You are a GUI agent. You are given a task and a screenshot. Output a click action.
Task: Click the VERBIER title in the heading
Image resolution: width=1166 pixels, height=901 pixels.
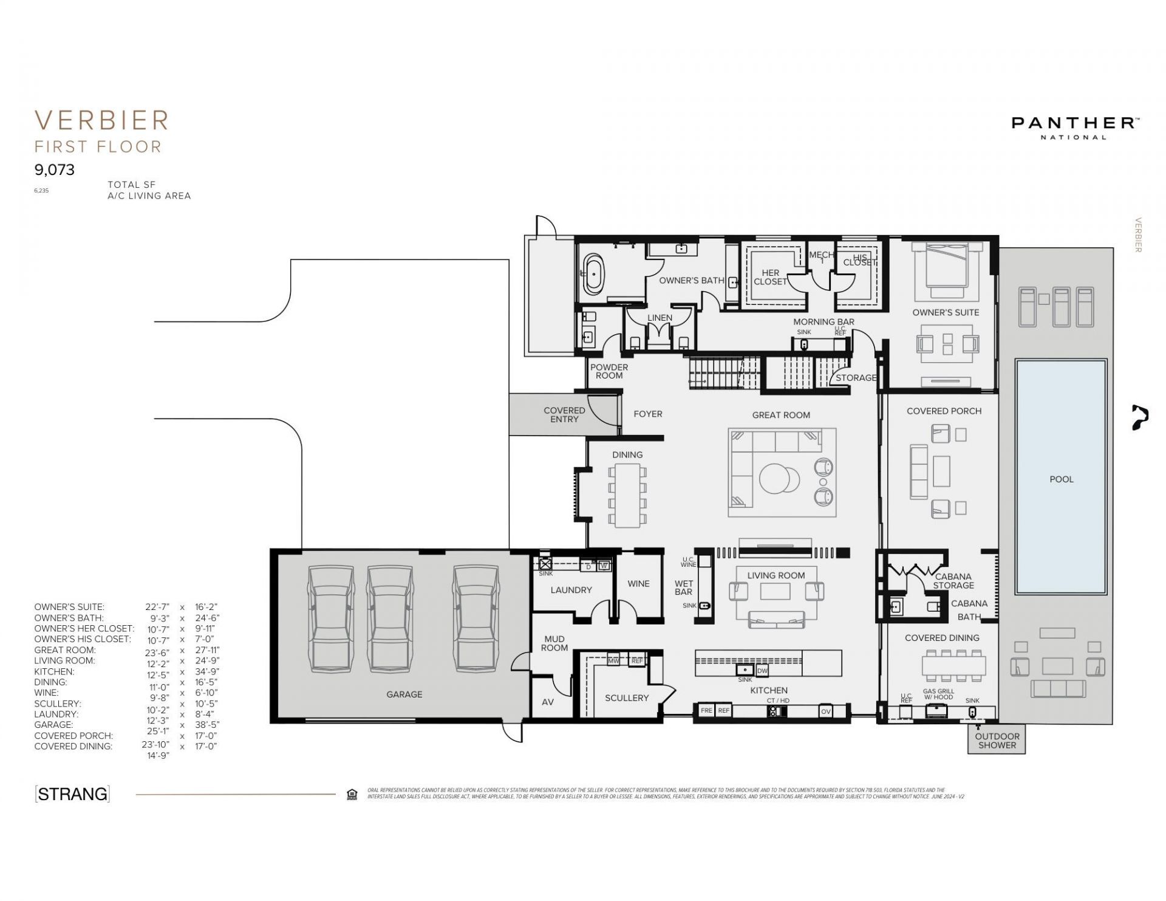click(x=102, y=120)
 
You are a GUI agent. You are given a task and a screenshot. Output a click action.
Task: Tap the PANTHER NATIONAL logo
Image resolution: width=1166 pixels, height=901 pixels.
click(x=1074, y=127)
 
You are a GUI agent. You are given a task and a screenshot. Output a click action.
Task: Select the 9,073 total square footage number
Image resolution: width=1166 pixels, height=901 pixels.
click(x=55, y=170)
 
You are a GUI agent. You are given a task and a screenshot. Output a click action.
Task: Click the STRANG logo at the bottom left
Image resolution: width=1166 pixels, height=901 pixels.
click(x=72, y=794)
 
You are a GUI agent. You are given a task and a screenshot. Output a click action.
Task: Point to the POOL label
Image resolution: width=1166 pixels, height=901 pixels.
click(x=1061, y=479)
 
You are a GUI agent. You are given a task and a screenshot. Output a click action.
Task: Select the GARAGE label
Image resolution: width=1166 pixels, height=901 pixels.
click(x=404, y=694)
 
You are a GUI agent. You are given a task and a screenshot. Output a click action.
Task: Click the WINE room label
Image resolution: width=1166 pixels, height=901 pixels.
click(x=638, y=584)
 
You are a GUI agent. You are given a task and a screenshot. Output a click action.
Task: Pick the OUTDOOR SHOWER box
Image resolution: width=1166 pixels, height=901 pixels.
click(x=997, y=741)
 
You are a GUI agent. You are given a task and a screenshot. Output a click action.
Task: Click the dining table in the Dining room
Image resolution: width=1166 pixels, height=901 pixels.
click(x=627, y=495)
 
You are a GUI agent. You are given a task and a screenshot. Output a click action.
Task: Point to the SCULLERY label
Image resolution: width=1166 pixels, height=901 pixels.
click(x=627, y=698)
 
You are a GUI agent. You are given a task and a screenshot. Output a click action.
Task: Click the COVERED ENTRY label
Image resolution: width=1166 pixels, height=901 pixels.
click(x=564, y=414)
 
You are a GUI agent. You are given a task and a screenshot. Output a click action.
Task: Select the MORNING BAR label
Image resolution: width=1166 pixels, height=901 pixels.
click(x=823, y=322)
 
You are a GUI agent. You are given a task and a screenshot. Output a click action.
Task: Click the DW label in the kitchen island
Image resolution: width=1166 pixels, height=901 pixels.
click(x=762, y=671)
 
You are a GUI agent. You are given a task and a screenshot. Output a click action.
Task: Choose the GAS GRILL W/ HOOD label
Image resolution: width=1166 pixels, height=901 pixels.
click(x=938, y=694)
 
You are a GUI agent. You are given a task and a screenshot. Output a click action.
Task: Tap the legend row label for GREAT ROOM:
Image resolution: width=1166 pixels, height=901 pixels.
click(x=65, y=650)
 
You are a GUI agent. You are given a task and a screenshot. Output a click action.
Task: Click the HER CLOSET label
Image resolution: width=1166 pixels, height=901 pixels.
click(x=770, y=277)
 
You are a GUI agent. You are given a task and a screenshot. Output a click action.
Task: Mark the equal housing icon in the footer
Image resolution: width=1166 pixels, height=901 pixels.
click(x=352, y=795)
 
